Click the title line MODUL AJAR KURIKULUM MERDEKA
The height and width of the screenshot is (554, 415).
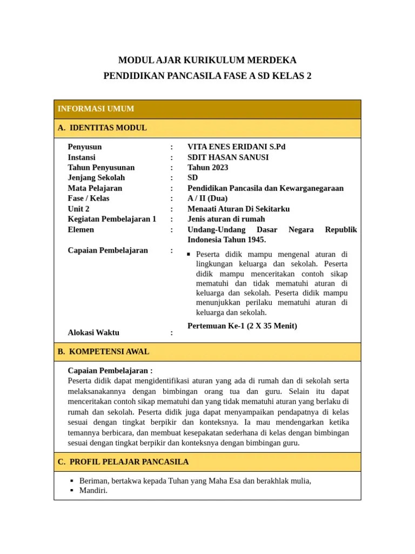tap(207, 60)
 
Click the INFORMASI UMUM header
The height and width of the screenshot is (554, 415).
tap(96, 109)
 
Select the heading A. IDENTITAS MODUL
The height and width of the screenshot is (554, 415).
tap(102, 128)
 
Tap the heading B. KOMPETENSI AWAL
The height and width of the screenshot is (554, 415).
tap(103, 352)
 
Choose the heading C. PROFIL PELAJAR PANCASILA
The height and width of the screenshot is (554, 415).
tap(123, 462)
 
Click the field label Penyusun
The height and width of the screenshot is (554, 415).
tap(85, 147)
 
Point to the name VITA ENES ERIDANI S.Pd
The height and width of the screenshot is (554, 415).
tap(236, 147)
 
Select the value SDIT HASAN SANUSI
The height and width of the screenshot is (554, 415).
tap(228, 157)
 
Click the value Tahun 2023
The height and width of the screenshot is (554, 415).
tap(208, 168)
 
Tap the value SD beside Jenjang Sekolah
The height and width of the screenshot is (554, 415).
tap(193, 178)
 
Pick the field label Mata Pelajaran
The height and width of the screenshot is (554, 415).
tap(95, 188)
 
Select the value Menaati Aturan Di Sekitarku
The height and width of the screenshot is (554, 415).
tap(239, 209)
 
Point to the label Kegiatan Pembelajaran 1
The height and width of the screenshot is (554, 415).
tap(112, 219)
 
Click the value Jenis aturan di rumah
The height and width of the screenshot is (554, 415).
tap(226, 219)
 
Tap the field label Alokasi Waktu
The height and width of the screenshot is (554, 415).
tap(93, 333)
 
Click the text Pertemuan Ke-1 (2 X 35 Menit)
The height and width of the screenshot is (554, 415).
tap(242, 326)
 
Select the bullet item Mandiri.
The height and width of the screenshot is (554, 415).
tap(93, 491)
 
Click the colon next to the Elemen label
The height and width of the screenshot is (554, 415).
tap(172, 230)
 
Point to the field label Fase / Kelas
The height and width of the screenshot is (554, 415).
tap(89, 199)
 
